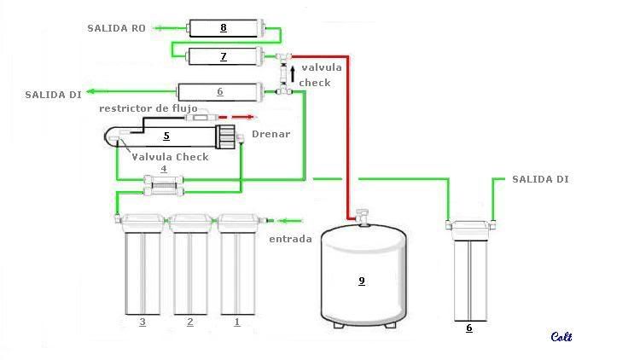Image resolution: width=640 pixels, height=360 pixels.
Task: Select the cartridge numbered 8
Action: (224, 29)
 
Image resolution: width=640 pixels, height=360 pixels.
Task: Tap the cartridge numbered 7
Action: (223, 57)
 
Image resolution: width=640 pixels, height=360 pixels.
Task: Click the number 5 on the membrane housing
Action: (166, 135)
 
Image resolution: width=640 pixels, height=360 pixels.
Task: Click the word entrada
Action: (291, 239)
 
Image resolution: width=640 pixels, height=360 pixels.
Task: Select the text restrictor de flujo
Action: (148, 108)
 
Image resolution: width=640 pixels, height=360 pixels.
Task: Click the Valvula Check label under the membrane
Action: (170, 157)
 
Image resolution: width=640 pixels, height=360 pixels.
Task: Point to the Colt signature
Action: (561, 337)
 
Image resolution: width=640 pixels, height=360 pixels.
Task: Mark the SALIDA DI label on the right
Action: (540, 179)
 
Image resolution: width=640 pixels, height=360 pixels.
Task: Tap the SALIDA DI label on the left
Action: (53, 95)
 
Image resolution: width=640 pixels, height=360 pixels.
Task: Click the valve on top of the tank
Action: (361, 215)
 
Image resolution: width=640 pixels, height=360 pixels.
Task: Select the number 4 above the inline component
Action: (165, 169)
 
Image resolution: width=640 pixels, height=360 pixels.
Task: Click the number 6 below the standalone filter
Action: (468, 327)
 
